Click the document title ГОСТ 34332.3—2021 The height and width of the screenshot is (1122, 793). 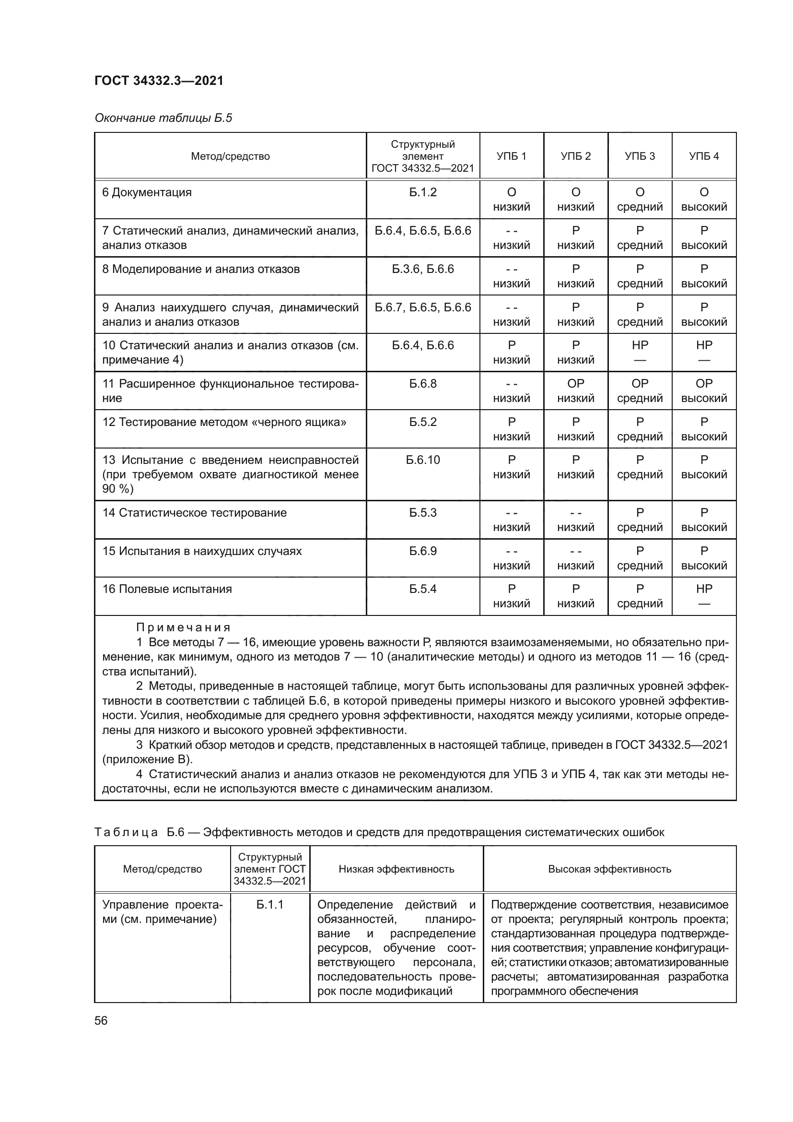click(x=159, y=81)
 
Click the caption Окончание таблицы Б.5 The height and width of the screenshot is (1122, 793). click(x=163, y=118)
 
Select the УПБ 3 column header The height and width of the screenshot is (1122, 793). click(x=640, y=156)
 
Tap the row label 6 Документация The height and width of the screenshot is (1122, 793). click(x=147, y=192)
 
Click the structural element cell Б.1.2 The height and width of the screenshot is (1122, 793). click(x=422, y=192)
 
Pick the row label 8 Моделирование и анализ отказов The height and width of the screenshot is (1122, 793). click(x=201, y=269)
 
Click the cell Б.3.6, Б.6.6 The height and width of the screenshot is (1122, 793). click(x=422, y=269)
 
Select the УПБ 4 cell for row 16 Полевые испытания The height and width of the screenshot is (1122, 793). click(x=704, y=596)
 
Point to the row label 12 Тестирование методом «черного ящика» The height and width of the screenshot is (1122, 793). click(x=224, y=422)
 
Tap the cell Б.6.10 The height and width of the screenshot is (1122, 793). click(x=422, y=460)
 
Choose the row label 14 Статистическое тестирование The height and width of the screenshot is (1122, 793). click(x=194, y=513)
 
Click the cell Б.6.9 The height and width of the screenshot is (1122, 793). click(x=422, y=551)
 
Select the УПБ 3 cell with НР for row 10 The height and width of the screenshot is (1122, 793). click(x=640, y=352)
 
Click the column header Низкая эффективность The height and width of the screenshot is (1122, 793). click(x=396, y=869)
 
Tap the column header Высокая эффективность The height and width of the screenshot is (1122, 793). click(x=609, y=869)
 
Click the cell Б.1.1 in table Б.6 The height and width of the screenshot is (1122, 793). click(x=269, y=905)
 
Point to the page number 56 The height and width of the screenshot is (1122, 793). click(x=101, y=1020)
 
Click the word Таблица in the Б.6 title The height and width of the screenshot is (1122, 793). click(x=126, y=832)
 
